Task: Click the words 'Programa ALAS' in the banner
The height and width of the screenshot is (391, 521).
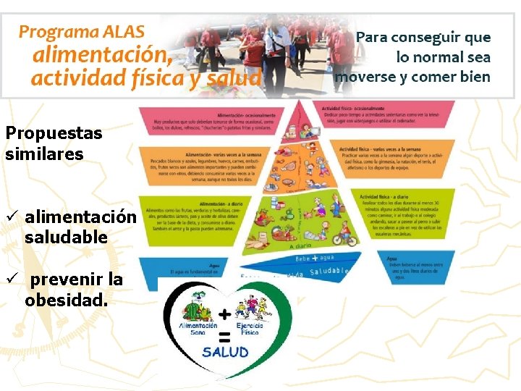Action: [82, 31]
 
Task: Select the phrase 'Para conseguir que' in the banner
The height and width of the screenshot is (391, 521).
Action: [423, 37]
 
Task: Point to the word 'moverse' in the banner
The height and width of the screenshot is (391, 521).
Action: [366, 76]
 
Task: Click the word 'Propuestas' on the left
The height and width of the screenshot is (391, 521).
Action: [54, 133]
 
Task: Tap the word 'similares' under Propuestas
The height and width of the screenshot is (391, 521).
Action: [44, 154]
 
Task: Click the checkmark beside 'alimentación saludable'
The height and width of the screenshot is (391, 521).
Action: [11, 217]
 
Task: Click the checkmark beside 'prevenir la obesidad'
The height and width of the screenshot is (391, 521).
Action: [11, 279]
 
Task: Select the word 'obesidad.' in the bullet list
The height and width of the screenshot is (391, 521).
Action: [66, 300]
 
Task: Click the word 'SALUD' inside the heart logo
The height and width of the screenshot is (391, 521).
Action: [226, 353]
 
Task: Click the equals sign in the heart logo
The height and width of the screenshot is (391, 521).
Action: [224, 335]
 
